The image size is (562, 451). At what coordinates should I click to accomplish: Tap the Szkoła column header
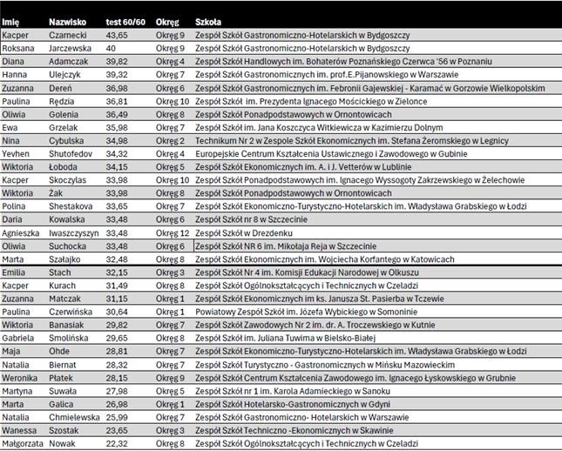(208, 20)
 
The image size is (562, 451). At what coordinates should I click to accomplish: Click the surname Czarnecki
(68, 35)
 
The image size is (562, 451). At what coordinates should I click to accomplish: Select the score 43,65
(117, 35)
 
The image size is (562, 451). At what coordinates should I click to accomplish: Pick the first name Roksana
(18, 49)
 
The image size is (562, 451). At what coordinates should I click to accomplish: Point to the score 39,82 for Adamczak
(117, 62)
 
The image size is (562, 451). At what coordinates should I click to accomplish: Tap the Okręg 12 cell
(173, 232)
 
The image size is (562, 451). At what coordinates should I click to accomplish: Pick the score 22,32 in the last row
(117, 444)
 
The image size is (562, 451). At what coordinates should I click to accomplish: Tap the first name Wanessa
(19, 430)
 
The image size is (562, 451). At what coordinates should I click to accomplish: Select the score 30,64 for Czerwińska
(117, 311)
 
